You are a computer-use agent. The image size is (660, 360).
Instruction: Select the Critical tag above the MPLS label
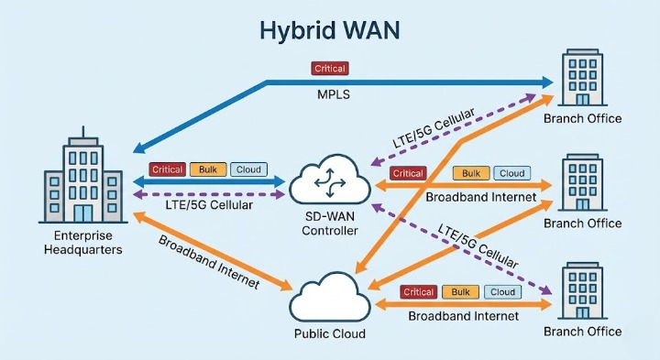(x=329, y=69)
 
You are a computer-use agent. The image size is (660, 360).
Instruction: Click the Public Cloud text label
(x=329, y=333)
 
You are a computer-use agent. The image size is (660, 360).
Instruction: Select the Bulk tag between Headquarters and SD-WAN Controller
(x=207, y=169)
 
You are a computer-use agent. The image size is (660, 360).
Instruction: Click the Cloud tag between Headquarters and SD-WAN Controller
(x=247, y=169)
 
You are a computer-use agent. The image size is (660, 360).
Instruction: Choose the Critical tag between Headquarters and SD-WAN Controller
(x=167, y=169)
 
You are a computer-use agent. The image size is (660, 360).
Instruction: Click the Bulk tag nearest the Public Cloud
(x=459, y=292)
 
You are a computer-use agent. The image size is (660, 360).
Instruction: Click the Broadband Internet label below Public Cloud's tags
(x=463, y=316)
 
